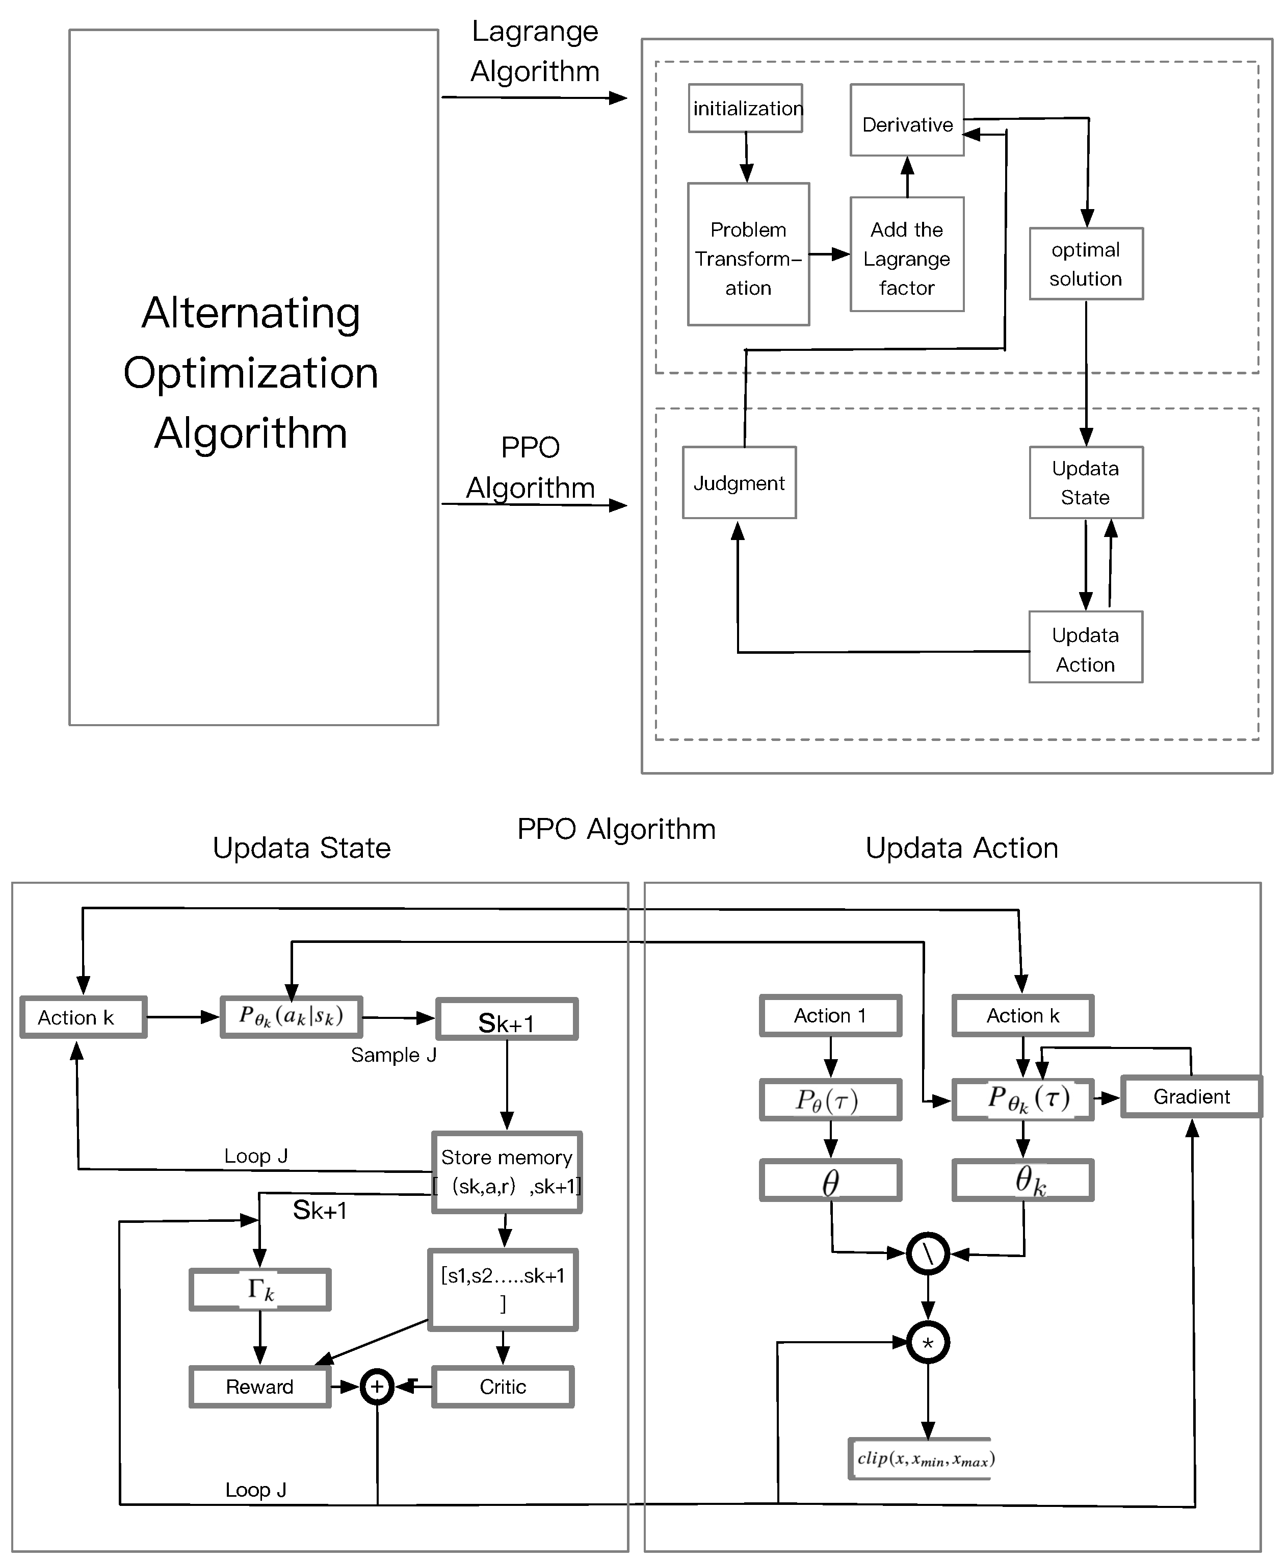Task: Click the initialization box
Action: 745,108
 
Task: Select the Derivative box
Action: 907,120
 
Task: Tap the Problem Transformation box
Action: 748,254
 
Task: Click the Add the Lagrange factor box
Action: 907,254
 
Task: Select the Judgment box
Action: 739,483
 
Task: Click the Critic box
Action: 503,1387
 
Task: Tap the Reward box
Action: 259,1387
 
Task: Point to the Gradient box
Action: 1191,1097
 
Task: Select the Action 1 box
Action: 830,1015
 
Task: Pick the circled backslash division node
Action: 928,1253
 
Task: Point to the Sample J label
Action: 393,1056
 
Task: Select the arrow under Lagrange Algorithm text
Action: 534,97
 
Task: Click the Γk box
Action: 259,1290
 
